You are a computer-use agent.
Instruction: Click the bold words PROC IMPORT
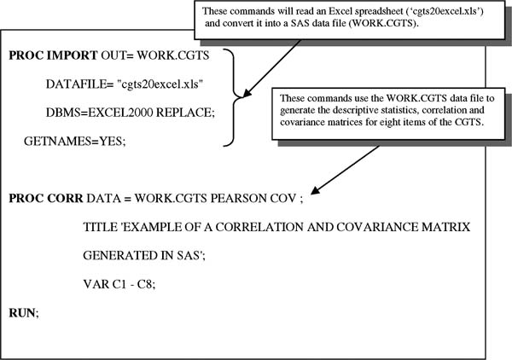coord(53,55)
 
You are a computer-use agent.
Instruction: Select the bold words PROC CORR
coord(46,198)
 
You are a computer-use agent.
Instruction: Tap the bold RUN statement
coord(23,313)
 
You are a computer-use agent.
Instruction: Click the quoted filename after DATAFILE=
coord(160,84)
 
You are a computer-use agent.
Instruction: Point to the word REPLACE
coord(185,113)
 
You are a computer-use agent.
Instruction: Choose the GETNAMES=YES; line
coord(74,141)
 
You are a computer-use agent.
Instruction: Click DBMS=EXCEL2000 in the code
coord(99,113)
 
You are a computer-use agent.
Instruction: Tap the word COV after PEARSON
coord(283,198)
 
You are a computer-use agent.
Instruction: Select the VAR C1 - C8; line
coord(119,284)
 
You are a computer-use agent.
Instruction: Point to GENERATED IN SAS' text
coord(144,255)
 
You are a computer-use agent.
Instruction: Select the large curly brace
coord(234,97)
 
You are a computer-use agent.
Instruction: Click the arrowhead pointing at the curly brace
coord(247,93)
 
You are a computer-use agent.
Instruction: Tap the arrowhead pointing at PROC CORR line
coord(315,190)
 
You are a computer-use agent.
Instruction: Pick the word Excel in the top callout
coord(340,11)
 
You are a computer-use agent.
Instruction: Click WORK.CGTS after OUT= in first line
coord(173,55)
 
